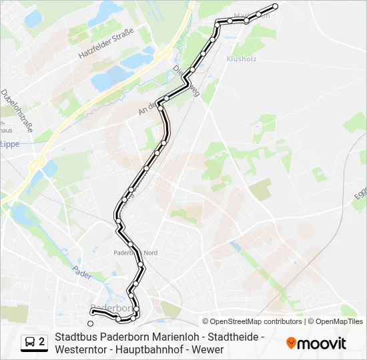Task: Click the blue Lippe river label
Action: point(9,144)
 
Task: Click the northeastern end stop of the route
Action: point(275,7)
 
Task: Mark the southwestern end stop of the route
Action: point(91,323)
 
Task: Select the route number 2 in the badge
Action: point(42,342)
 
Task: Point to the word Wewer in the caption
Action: point(208,349)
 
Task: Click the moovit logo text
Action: point(322,343)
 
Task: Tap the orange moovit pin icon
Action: point(291,343)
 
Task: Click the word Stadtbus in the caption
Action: point(74,337)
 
